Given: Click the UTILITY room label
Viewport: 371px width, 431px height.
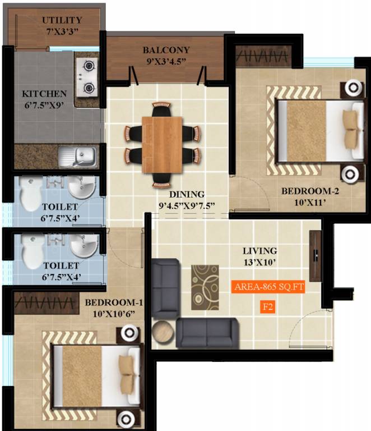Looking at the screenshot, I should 62,21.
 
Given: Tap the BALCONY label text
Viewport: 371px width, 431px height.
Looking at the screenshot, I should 165,50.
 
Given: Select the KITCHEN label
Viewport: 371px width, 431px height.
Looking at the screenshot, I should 44,94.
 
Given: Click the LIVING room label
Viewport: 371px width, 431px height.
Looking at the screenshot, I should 260,251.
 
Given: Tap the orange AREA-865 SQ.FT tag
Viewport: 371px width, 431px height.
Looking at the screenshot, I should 268,287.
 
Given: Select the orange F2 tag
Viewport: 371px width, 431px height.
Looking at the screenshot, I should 268,306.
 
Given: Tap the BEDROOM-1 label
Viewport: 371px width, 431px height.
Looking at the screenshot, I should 114,303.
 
